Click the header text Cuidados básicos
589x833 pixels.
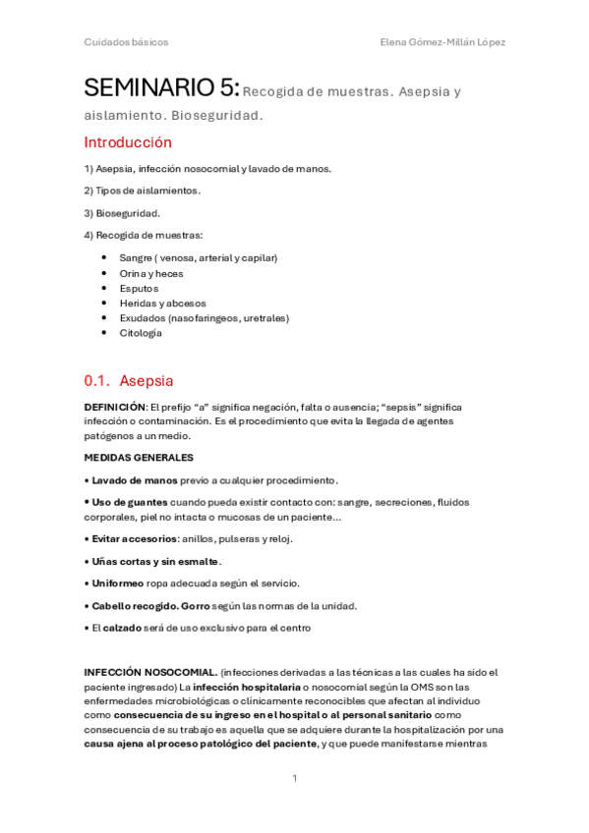pos(126,42)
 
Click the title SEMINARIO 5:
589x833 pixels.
pos(161,89)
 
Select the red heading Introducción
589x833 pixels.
pos(127,142)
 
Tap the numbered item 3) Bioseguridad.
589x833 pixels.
pos(122,212)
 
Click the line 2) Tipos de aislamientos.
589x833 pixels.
pos(142,190)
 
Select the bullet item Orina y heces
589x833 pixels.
pos(150,273)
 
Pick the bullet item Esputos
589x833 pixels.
pos(139,289)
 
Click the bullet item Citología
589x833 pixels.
pos(141,333)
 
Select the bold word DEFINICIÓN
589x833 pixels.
pos(115,407)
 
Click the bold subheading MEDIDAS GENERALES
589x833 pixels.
pos(139,458)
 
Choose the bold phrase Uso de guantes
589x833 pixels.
pos(130,502)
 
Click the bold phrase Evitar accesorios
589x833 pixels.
pos(135,538)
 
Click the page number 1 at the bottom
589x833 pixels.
pos(294,778)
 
